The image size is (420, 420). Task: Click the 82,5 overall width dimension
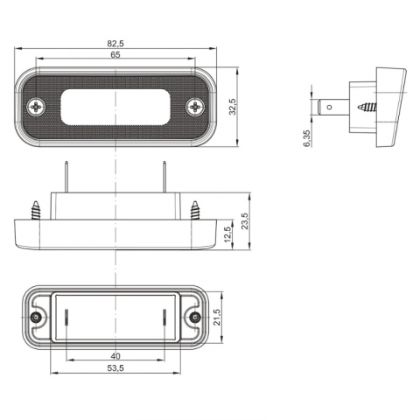pos(115,44)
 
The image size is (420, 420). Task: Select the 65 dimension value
pos(115,54)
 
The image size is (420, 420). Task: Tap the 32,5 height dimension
pos(233,107)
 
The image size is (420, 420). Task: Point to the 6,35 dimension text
pos(307,138)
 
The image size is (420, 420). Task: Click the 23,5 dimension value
pos(245,221)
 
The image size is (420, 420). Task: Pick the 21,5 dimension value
pos(217,318)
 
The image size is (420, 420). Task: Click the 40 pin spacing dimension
pos(115,356)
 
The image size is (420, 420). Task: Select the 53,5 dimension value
pos(115,368)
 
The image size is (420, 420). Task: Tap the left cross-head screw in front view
pos(36,107)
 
